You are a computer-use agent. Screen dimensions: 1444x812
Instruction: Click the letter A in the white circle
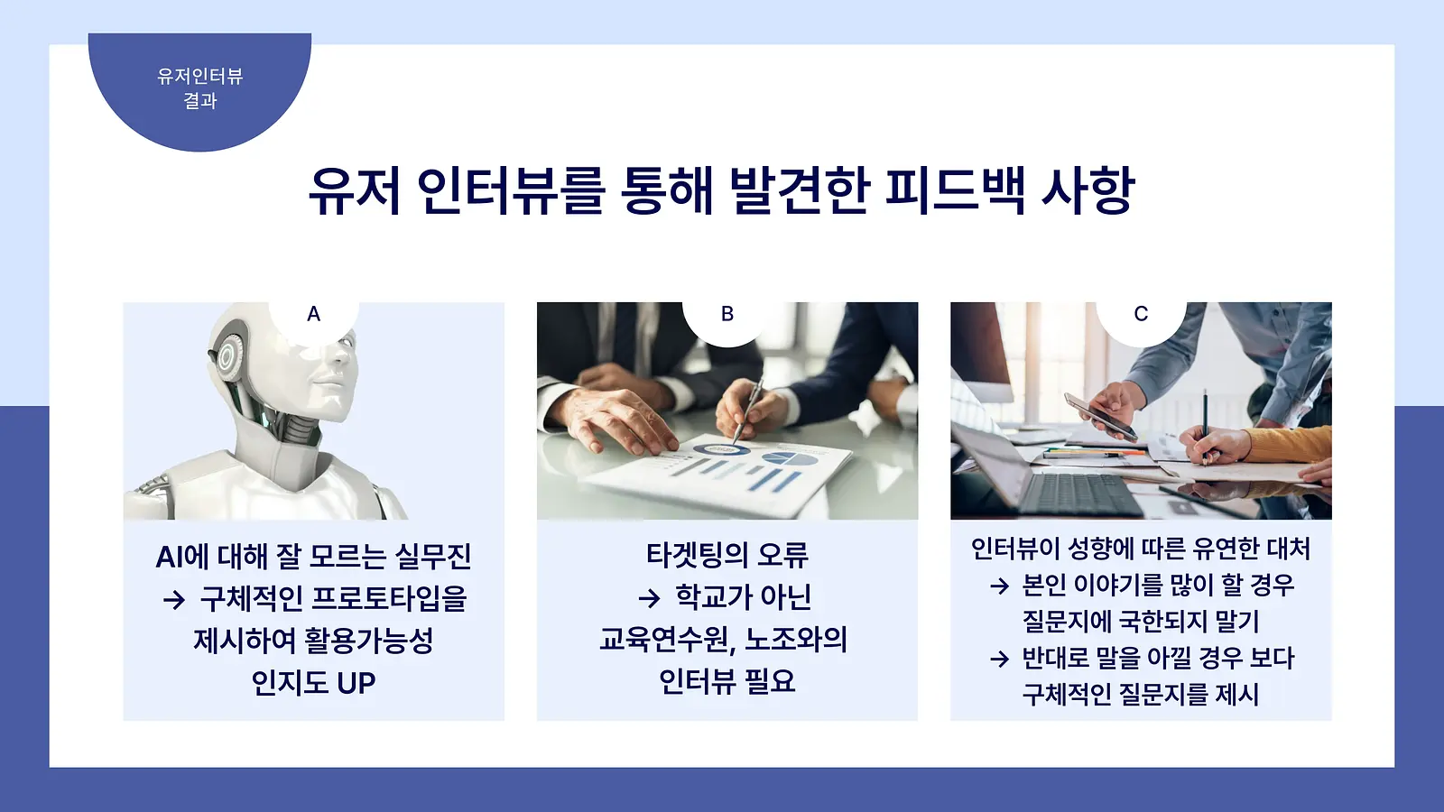[x=313, y=314]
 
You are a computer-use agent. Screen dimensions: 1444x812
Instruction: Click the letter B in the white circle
[x=727, y=314]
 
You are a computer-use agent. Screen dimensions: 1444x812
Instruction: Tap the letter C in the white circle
[x=1141, y=314]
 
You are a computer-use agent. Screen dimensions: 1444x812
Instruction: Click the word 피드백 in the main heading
[x=954, y=190]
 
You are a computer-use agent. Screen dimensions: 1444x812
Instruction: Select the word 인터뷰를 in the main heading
[x=511, y=190]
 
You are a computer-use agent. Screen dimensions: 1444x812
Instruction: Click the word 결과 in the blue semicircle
[x=199, y=101]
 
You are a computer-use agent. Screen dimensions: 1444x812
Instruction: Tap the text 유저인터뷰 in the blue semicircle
[x=199, y=77]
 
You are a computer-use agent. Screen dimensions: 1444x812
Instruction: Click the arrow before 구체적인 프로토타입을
[x=174, y=601]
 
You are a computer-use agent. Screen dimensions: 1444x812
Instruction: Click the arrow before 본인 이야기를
[x=999, y=586]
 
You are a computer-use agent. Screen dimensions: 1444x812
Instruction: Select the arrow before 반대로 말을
[x=999, y=659]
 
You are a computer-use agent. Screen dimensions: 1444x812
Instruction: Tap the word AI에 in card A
[x=181, y=557]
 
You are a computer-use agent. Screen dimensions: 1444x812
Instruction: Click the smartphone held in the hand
[x=1100, y=417]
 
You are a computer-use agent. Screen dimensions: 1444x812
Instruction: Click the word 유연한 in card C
[x=1226, y=549]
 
